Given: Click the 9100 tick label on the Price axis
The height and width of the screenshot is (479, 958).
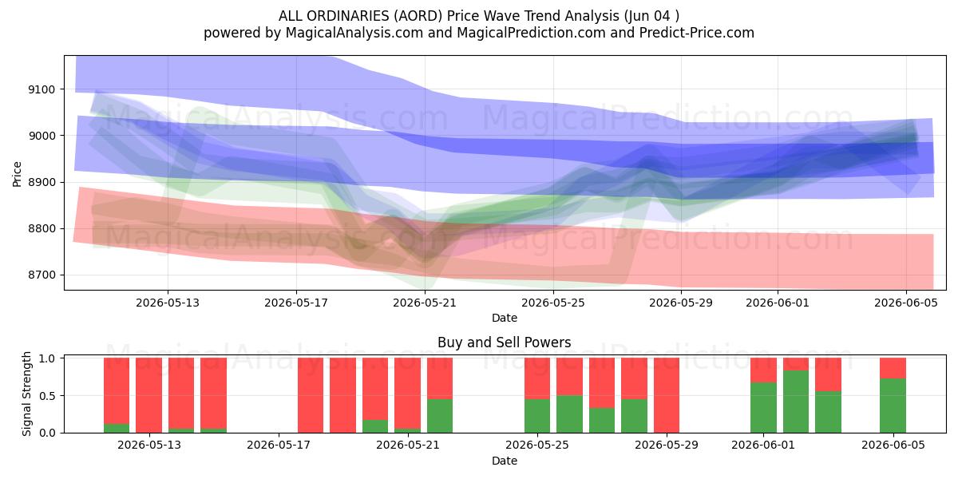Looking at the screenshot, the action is coord(42,89).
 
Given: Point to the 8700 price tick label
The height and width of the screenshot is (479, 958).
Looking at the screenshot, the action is coord(42,275).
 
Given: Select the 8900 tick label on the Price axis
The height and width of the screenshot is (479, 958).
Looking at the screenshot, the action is coord(42,183).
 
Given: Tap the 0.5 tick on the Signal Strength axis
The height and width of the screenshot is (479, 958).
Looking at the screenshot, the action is coord(47,396).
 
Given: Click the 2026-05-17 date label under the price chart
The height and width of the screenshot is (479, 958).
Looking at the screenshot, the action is coord(296,303).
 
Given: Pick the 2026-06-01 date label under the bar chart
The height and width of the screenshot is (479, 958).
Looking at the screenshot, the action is coord(763,445).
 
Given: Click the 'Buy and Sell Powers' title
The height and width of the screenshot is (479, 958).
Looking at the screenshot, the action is coord(505,342).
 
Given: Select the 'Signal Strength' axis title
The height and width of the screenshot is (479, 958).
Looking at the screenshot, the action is coord(26,394).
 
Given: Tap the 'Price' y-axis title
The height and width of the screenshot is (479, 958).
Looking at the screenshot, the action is coord(17,174).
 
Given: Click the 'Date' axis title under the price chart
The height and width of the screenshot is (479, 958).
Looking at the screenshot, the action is coord(505,318).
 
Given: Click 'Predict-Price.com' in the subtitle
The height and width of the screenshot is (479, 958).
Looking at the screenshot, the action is coord(697,33).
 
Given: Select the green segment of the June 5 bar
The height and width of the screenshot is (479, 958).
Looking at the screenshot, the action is coord(893,406).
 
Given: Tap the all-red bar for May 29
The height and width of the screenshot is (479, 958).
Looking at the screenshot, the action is coord(667,395).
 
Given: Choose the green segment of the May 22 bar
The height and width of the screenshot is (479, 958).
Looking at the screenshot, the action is coord(440,416).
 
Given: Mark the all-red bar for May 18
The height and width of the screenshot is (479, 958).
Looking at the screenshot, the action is coord(311,395).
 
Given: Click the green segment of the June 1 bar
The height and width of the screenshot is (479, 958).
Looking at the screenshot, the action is coord(763,408).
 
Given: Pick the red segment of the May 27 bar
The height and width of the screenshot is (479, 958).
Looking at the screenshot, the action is coord(602,382).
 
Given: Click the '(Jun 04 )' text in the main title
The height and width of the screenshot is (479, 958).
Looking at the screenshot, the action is coord(651,16).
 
